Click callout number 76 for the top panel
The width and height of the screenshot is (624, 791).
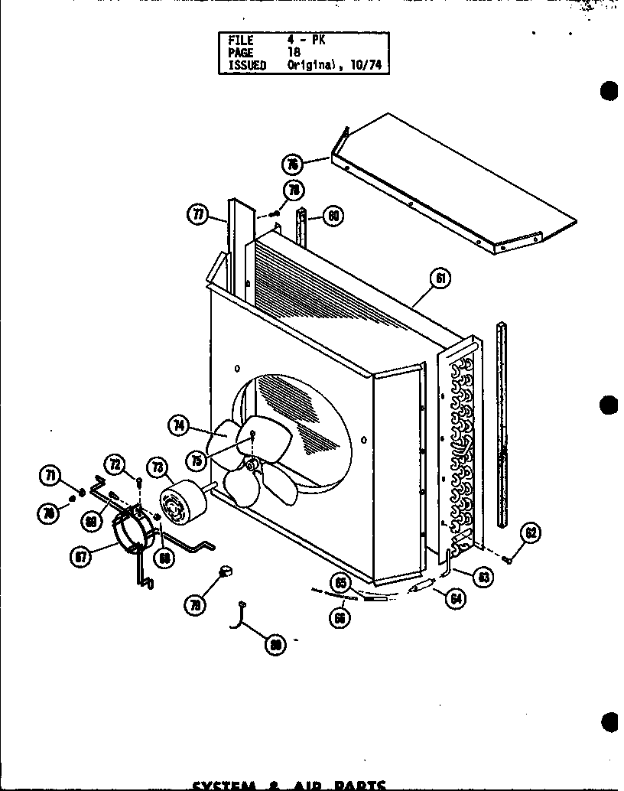(291, 163)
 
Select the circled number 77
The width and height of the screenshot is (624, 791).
(197, 215)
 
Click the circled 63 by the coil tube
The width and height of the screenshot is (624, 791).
(483, 578)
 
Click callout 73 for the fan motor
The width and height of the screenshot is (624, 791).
(158, 467)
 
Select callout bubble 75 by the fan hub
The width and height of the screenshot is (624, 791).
(198, 461)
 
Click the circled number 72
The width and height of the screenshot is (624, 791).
(115, 464)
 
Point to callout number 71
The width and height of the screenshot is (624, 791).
(50, 477)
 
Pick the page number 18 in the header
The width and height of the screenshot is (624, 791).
(294, 53)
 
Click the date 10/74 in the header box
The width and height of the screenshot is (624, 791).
(367, 66)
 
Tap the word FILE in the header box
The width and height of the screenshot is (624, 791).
(240, 40)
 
